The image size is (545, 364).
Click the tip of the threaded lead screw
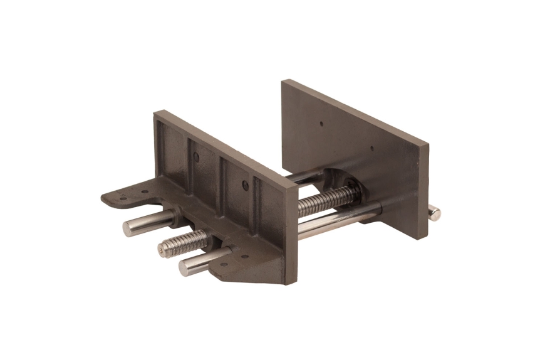coord(162,250)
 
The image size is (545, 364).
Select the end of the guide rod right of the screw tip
coord(184,267)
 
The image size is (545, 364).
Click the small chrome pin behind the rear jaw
coord(433,213)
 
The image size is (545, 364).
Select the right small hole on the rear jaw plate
coord(371,149)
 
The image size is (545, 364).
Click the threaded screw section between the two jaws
coord(323,201)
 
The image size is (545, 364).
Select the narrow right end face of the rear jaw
coord(423,188)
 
